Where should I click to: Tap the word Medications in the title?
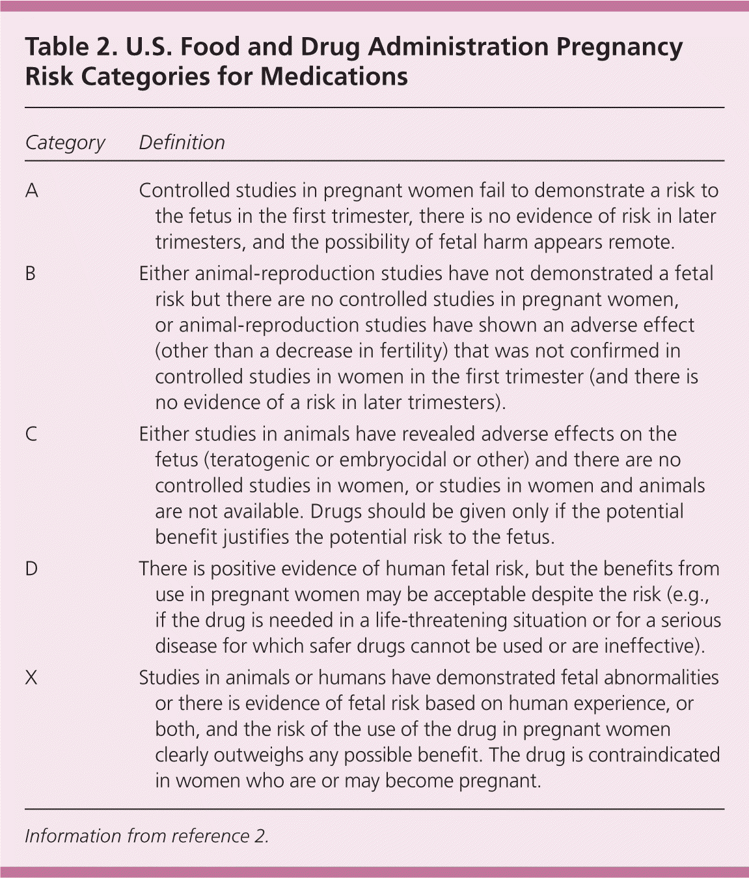point(335,77)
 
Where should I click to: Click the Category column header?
point(64,143)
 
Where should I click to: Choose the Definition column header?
point(182,143)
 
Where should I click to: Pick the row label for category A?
point(31,191)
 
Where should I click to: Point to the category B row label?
point(31,274)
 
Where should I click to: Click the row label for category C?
point(31,434)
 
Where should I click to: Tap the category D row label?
point(31,569)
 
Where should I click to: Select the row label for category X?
point(31,678)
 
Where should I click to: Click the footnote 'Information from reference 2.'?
point(146,836)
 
